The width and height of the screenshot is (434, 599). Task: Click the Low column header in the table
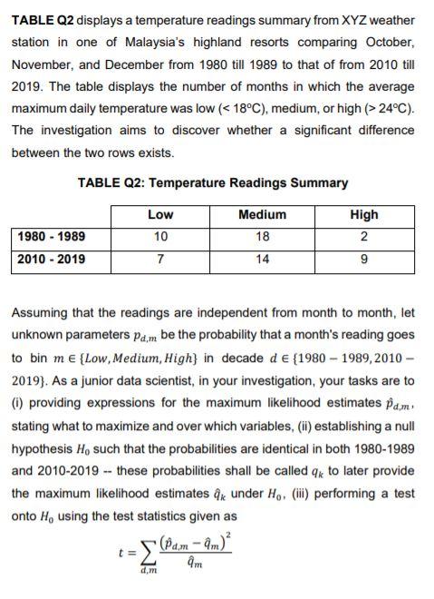[160, 215]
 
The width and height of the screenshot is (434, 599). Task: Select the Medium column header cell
[261, 215]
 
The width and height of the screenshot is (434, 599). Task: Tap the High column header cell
[363, 215]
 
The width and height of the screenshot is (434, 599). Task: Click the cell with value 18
[261, 237]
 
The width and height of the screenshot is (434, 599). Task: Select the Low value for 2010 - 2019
[160, 259]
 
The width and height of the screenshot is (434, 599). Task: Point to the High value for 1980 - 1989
[363, 237]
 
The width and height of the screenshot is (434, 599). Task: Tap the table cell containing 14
[261, 259]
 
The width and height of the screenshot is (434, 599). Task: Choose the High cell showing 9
[363, 259]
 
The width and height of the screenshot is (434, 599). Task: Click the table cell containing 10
[160, 237]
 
